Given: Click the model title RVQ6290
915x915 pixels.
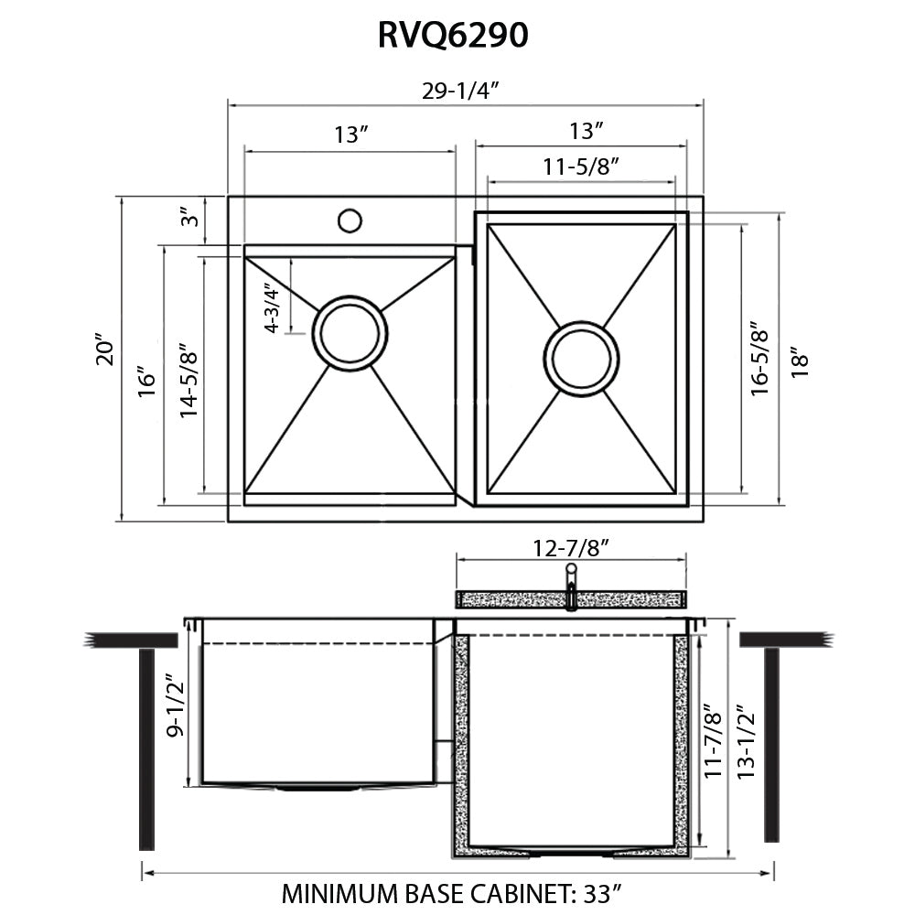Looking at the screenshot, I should pyautogui.click(x=452, y=35).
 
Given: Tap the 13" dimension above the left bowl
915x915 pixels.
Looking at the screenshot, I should pyautogui.click(x=350, y=135).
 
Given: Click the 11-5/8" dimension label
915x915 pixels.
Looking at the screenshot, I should pyautogui.click(x=581, y=167).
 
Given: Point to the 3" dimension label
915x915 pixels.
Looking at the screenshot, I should pyautogui.click(x=189, y=219).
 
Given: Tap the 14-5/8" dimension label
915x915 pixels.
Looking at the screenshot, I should pyautogui.click(x=189, y=381).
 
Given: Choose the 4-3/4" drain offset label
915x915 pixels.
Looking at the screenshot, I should pyautogui.click(x=272, y=308).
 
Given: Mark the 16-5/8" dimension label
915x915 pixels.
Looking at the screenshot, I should pyautogui.click(x=758, y=358).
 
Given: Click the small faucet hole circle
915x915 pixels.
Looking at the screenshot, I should pyautogui.click(x=349, y=221).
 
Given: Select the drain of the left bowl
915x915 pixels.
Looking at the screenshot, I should pyautogui.click(x=350, y=332).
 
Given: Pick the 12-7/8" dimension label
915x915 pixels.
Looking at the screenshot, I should pyautogui.click(x=572, y=547).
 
